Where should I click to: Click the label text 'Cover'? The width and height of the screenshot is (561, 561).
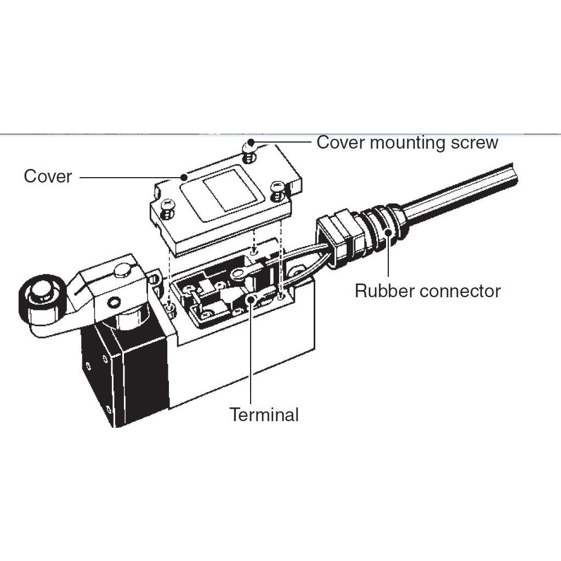[x=48, y=177]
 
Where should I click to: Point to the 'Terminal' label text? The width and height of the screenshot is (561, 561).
[x=264, y=415]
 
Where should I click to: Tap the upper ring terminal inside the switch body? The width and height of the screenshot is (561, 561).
[x=240, y=273]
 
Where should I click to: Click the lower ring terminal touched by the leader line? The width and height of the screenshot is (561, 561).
[x=252, y=298]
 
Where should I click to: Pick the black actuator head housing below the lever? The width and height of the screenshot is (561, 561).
[x=123, y=373]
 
